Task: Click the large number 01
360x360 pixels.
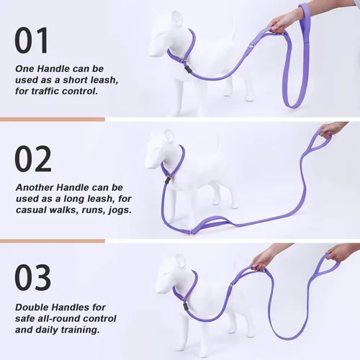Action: [33, 40]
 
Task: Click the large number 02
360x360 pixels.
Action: [33, 159]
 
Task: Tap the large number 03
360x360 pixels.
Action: [33, 278]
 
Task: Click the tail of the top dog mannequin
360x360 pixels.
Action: [233, 32]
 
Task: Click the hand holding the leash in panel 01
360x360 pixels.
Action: [283, 22]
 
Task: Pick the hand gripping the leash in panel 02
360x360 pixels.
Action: [330, 129]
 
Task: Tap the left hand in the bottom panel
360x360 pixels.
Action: [264, 258]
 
